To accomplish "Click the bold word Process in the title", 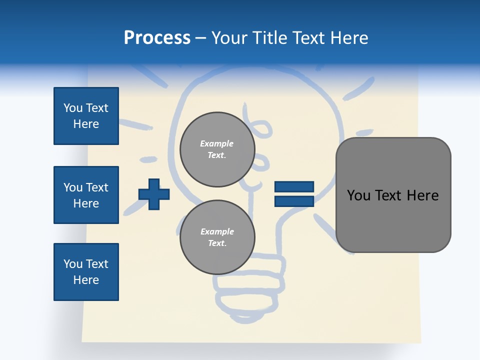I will (157, 38).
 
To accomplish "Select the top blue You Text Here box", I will (86, 116).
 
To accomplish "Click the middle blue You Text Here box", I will (86, 195).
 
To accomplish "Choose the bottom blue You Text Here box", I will (86, 272).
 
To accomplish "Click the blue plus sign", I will (154, 194).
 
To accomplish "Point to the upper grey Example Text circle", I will (217, 149).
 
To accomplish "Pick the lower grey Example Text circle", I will (217, 237).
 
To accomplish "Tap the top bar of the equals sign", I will (294, 187).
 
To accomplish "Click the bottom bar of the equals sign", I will (294, 201).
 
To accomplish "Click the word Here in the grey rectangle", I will (422, 195).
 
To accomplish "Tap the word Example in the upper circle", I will (216, 143).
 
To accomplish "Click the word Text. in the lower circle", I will (217, 243).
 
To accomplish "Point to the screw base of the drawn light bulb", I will (240, 290).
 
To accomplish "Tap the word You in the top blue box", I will (73, 108).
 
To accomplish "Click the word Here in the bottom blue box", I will (86, 280).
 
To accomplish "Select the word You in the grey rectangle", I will (358, 195).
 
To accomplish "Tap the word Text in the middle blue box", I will (97, 187).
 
